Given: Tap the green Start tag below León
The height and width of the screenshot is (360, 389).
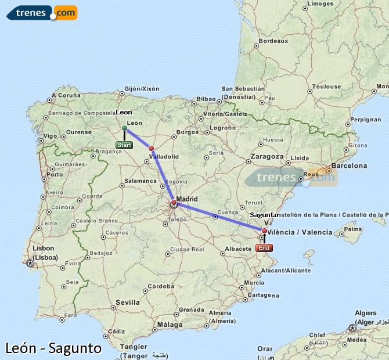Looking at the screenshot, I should click(124, 145).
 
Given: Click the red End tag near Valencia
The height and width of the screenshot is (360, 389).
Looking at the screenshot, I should click(264, 247).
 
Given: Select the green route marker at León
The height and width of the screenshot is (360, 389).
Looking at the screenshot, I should click(124, 128).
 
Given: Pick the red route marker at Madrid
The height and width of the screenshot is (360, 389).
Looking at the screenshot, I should click(174, 203).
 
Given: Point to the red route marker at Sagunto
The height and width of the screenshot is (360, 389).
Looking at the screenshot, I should click(264, 231).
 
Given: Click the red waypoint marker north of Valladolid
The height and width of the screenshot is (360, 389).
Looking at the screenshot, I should click(152, 148).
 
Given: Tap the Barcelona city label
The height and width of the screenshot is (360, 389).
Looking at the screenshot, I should click(350, 165).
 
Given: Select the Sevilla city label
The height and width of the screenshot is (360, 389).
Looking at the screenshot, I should click(127, 303).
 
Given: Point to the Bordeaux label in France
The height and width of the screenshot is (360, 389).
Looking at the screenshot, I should click(273, 41).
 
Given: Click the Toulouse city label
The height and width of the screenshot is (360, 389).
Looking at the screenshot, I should click(326, 87).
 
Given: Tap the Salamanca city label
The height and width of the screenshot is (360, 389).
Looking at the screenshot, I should click(140, 181).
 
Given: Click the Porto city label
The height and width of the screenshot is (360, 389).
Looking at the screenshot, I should click(55, 174).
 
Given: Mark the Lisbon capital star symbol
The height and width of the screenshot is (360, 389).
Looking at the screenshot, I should click(31, 263).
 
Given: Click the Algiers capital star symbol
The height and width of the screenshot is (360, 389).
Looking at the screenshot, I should click(352, 328).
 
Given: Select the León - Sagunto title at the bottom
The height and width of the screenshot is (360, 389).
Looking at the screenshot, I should click(53, 348).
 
